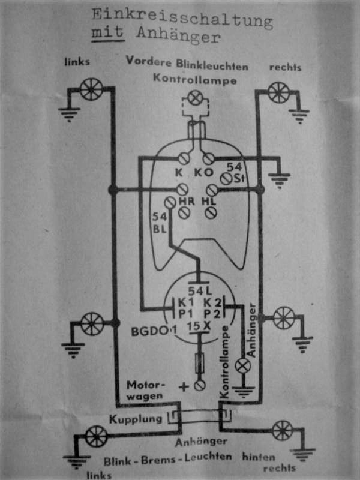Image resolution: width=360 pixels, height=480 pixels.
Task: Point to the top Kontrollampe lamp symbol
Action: coord(194,98)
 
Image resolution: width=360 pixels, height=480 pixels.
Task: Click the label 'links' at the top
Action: coord(77,61)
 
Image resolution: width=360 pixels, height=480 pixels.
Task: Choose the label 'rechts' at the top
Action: coord(285,67)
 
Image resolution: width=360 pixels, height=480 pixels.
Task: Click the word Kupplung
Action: coord(136,418)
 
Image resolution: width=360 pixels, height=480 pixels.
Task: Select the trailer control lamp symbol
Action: coord(243,365)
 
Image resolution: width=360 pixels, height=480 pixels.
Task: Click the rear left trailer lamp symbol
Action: coord(96,436)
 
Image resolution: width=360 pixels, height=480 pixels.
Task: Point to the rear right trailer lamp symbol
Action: coord(282,430)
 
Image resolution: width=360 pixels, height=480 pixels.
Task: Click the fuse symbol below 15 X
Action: coord(200,364)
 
